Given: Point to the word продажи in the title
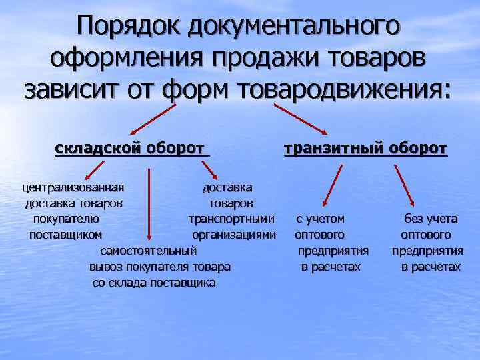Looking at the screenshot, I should pyautogui.click(x=269, y=57).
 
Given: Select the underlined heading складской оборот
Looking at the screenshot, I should pyautogui.click(x=132, y=148).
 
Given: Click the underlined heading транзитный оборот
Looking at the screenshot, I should pyautogui.click(x=365, y=148).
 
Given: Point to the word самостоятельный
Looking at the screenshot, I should pyautogui.click(x=148, y=251).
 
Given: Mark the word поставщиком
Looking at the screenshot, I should pyautogui.click(x=65, y=235).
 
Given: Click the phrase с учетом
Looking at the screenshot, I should pyautogui.click(x=321, y=219).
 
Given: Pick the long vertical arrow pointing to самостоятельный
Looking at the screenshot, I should pyautogui.click(x=149, y=203).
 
